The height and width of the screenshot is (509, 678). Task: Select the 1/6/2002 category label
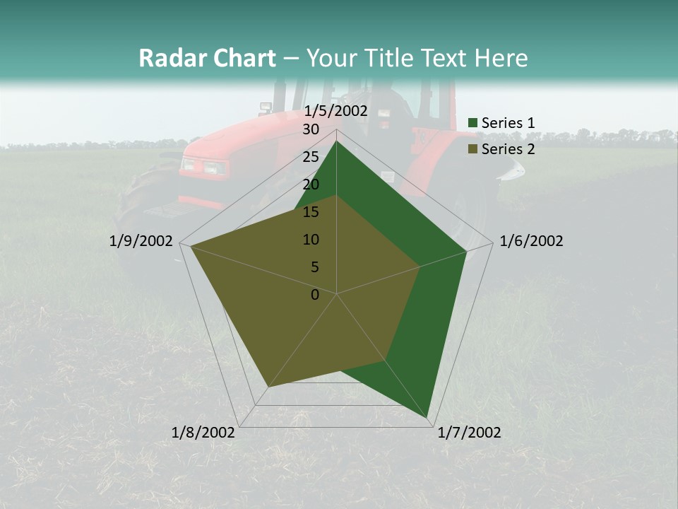[x=531, y=241]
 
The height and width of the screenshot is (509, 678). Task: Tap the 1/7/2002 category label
[x=469, y=433]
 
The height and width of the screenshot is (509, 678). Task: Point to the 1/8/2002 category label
[x=203, y=433]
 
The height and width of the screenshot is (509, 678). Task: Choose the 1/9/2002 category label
[x=141, y=241]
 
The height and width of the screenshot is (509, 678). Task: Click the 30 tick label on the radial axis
[x=311, y=129]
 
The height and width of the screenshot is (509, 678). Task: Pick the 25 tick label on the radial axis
[x=311, y=157]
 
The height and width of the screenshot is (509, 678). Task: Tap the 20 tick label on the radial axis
[x=311, y=185]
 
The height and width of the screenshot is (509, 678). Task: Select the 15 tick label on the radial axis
[x=311, y=212]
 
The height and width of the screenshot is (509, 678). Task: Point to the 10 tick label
[x=311, y=240]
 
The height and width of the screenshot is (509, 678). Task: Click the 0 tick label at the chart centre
[x=315, y=295]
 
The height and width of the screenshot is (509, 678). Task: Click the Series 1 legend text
[x=508, y=123]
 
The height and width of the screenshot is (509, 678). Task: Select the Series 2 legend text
[x=508, y=149]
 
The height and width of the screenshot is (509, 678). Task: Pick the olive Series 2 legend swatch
[x=473, y=150]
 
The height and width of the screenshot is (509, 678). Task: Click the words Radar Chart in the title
[x=207, y=59]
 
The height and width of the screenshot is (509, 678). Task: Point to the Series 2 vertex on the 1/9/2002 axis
[x=191, y=246]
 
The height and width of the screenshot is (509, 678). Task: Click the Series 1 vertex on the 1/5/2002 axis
[x=337, y=141]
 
